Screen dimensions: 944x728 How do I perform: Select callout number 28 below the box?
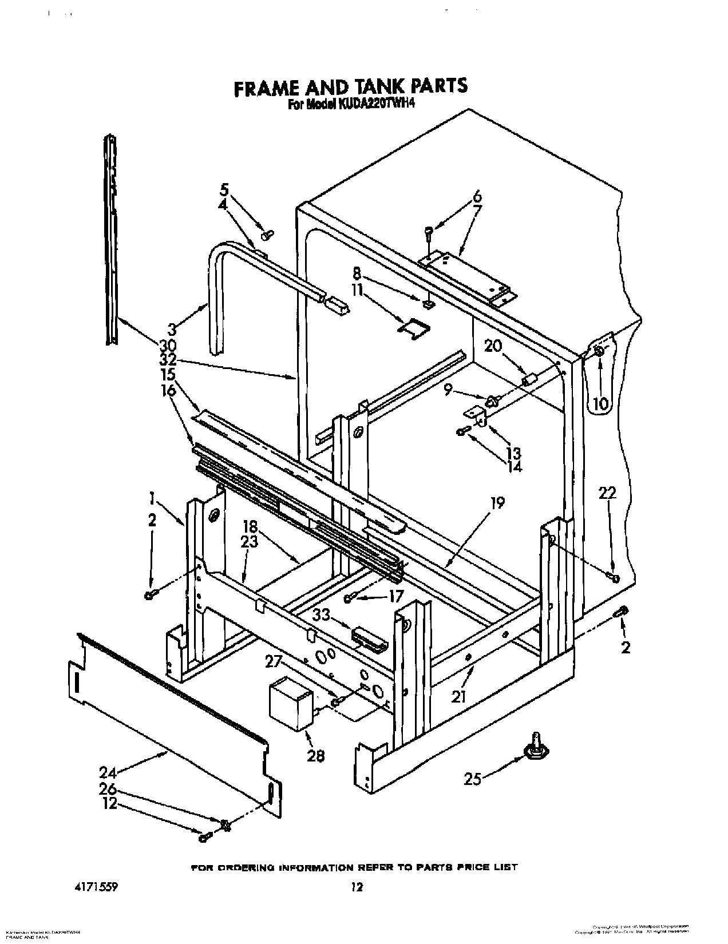click(x=315, y=756)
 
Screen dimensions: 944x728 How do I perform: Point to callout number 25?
click(x=473, y=779)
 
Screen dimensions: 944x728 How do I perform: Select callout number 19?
click(x=497, y=503)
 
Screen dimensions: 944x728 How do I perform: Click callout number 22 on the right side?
click(x=608, y=492)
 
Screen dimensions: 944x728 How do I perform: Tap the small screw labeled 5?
click(x=267, y=234)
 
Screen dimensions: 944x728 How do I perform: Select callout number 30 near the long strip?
click(x=168, y=346)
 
